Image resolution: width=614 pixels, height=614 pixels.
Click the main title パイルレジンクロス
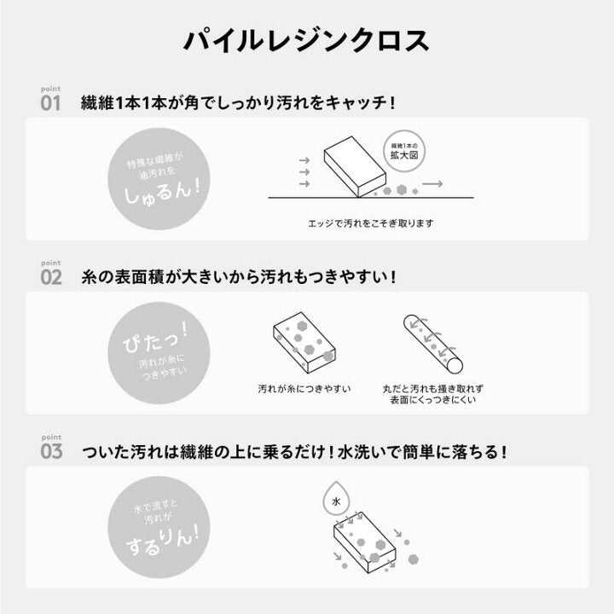click(307, 40)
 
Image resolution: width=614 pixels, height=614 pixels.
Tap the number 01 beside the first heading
click(50, 103)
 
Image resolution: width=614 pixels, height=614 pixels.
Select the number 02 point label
click(51, 277)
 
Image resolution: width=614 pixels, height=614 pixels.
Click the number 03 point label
click(51, 451)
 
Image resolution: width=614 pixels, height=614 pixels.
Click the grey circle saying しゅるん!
click(159, 179)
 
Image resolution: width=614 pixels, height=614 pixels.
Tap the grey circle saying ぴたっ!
click(159, 353)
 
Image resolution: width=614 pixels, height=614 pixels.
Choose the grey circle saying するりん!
click(159, 527)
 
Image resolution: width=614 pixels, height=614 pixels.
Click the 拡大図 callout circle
click(404, 151)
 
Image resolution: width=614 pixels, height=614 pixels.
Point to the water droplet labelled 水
click(336, 498)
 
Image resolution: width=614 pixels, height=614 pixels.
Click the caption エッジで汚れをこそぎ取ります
click(371, 223)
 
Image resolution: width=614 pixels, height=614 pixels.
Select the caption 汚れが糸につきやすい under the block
click(304, 389)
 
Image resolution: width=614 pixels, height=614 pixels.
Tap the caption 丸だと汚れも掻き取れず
click(432, 389)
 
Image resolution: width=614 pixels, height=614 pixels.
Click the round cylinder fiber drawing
click(433, 344)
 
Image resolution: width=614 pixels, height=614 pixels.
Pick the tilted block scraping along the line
click(355, 166)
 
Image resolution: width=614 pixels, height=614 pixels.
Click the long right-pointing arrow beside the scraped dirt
click(432, 183)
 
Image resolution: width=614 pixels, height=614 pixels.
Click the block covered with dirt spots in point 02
click(304, 343)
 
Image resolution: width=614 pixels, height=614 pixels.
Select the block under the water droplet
click(365, 542)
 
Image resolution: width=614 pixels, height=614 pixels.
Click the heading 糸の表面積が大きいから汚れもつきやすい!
click(238, 277)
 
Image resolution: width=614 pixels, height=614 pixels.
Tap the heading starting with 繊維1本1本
click(237, 103)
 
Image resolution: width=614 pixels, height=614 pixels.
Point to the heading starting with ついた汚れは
click(293, 451)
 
